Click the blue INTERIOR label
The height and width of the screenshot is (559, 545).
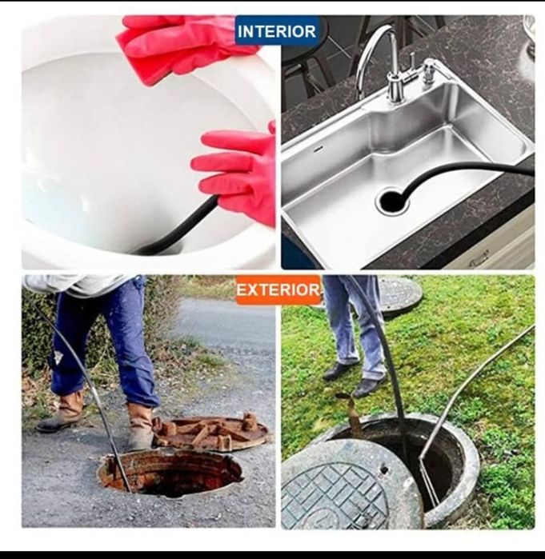(277, 31)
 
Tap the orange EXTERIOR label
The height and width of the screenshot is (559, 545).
(279, 289)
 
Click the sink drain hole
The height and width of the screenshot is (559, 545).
(392, 201)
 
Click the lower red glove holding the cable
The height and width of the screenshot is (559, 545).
(239, 174)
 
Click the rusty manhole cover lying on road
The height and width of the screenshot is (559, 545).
(210, 432)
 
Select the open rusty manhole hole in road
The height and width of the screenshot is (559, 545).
(170, 473)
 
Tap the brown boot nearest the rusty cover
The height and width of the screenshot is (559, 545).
(140, 426)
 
